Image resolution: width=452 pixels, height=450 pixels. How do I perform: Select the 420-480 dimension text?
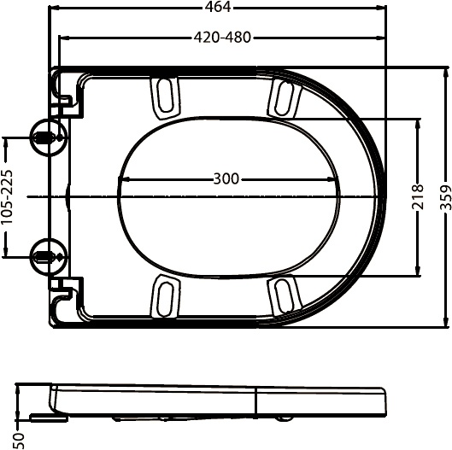220,38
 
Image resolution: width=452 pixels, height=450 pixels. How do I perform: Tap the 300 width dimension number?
226,179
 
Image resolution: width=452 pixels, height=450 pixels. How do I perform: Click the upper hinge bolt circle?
44,137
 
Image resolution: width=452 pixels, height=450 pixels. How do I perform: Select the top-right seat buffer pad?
282,96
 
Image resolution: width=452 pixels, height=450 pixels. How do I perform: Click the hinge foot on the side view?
43,417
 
